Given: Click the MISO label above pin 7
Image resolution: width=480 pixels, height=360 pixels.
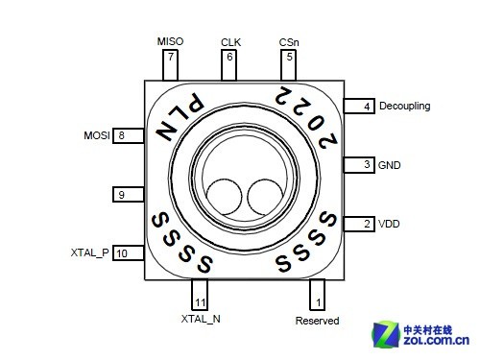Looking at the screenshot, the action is [x=170, y=41].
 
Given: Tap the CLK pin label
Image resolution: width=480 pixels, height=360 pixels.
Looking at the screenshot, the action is [x=230, y=42].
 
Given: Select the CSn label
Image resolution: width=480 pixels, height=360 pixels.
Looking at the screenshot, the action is [x=289, y=42].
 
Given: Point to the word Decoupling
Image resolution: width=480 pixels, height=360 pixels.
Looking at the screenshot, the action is [x=405, y=107].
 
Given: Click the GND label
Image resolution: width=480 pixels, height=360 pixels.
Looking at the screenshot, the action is [x=390, y=165].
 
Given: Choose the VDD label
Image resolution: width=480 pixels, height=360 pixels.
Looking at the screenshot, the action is [x=389, y=224].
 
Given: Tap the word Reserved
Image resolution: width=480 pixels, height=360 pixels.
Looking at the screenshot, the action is [x=317, y=321].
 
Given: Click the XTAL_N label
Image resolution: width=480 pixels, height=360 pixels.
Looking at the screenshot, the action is [x=201, y=319].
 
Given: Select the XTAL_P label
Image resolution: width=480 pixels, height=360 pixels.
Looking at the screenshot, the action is [x=90, y=252].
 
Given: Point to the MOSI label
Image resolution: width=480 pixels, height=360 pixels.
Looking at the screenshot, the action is [x=97, y=135].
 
